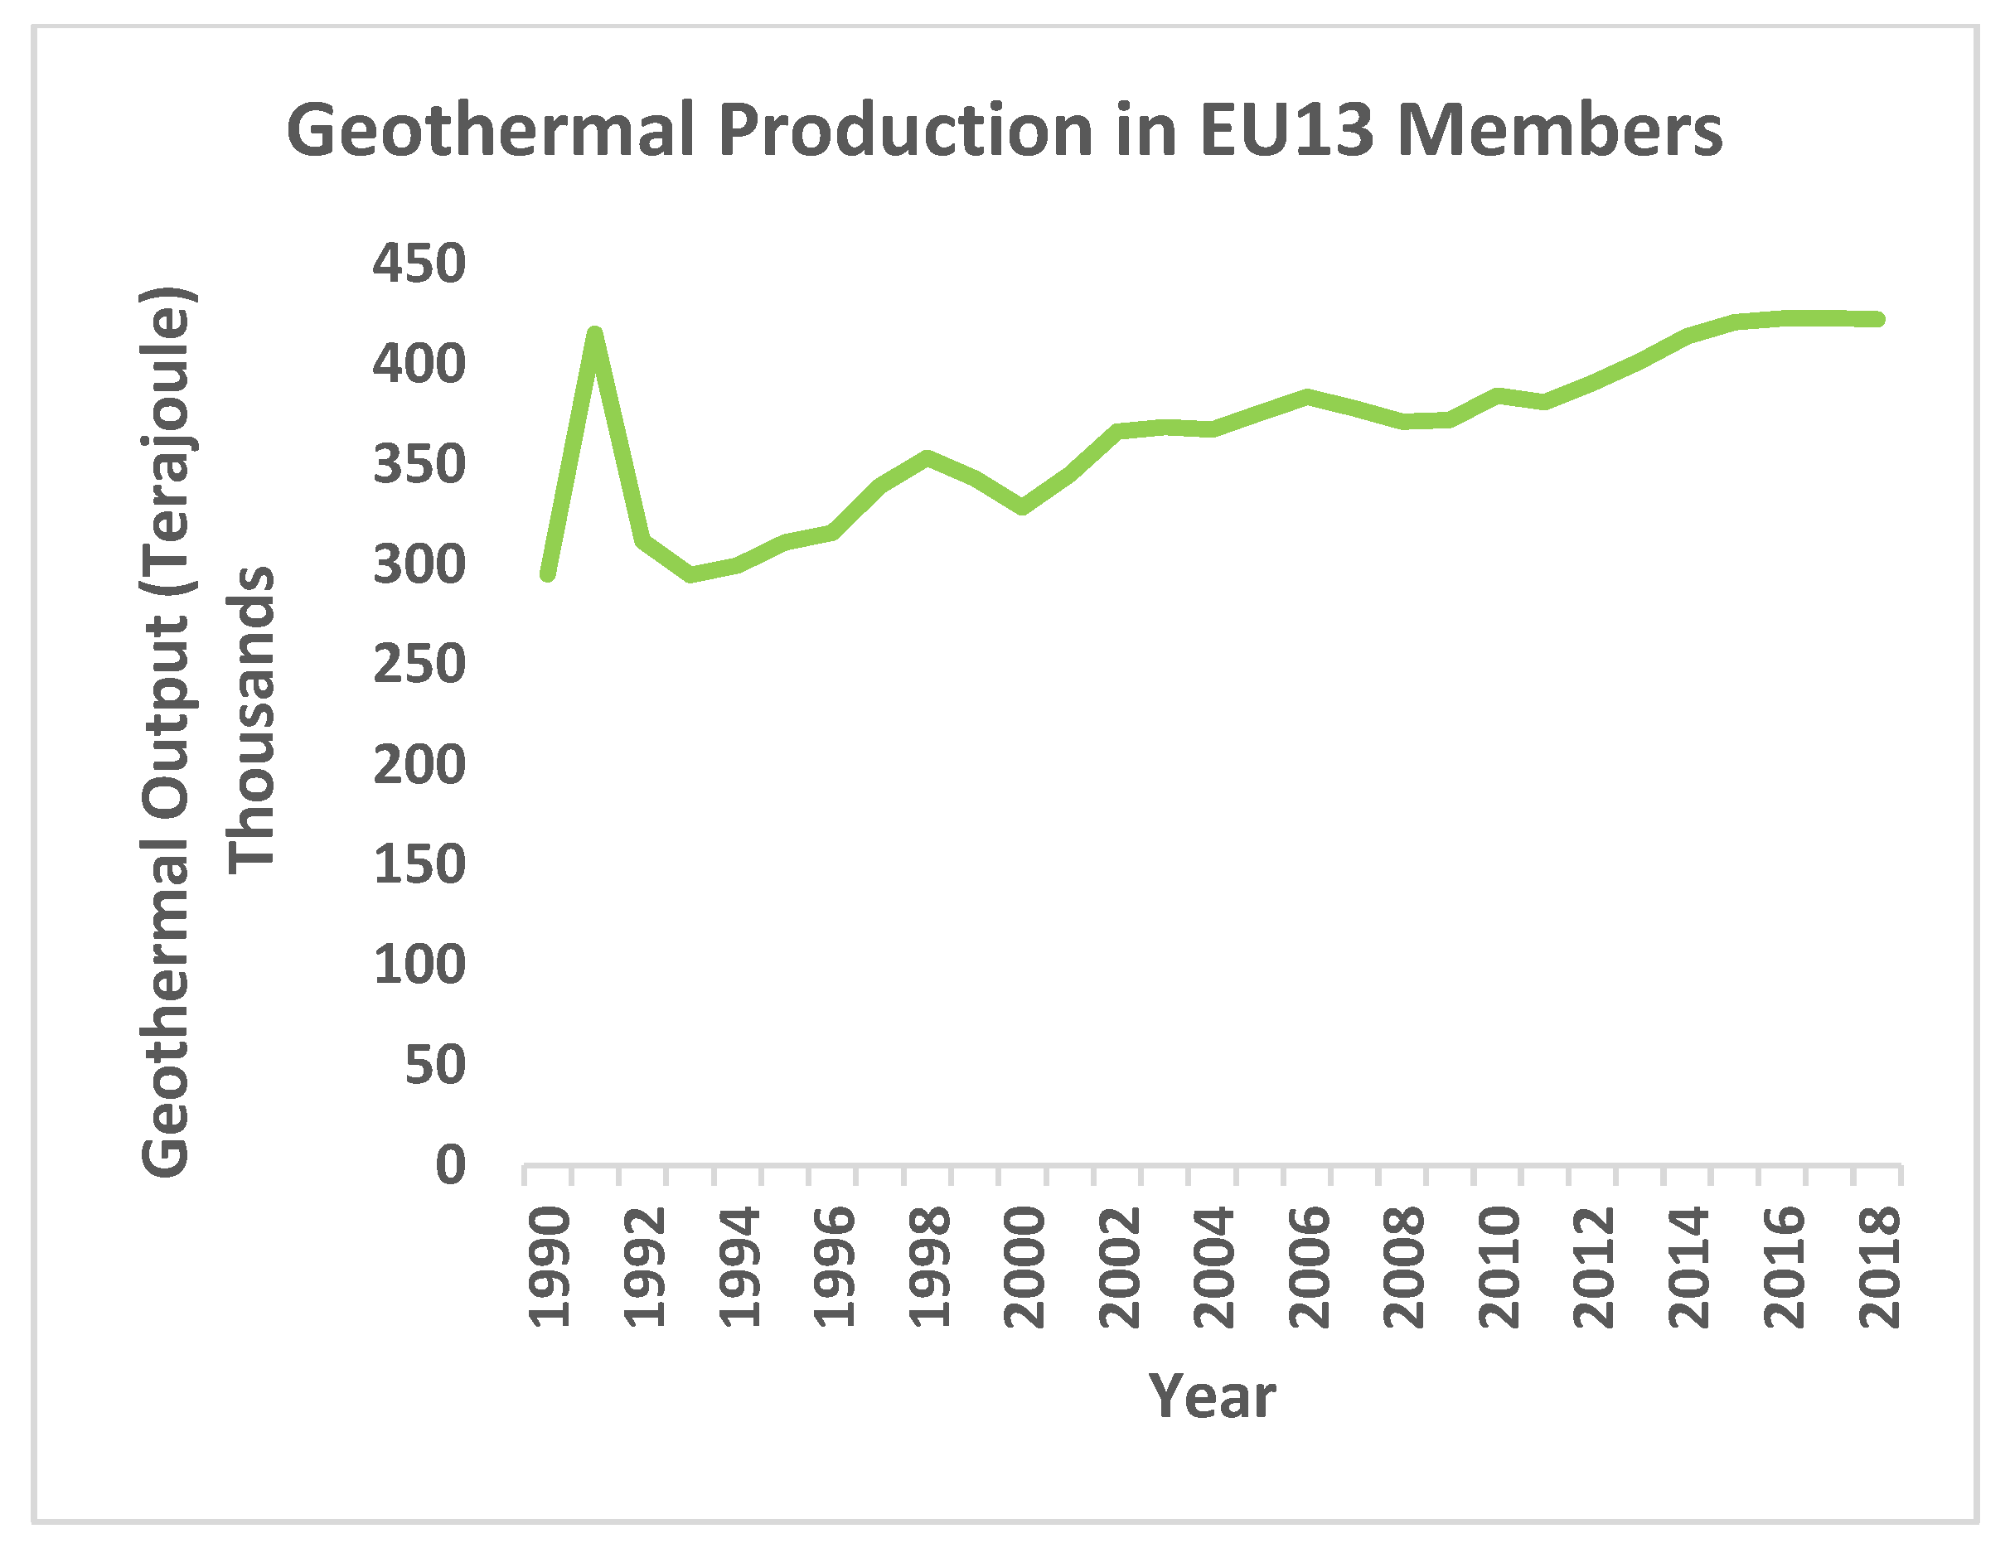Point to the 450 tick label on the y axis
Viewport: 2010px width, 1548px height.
pyautogui.click(x=419, y=264)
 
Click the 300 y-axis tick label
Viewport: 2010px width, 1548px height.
pyautogui.click(x=419, y=564)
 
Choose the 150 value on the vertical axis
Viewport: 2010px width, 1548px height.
pyautogui.click(x=419, y=864)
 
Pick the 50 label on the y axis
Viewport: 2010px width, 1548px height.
pyautogui.click(x=434, y=1065)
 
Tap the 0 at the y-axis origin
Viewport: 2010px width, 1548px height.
pyautogui.click(x=450, y=1165)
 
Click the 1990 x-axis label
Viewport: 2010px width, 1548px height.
pyautogui.click(x=550, y=1268)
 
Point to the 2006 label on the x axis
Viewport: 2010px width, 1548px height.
pyautogui.click(x=1309, y=1268)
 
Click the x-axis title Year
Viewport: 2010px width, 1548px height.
pyautogui.click(x=1211, y=1396)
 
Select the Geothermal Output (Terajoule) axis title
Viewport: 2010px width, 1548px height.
pyautogui.click(x=166, y=732)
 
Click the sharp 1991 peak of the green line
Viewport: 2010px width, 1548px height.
pyautogui.click(x=594, y=335)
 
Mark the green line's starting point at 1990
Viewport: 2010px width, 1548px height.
pyautogui.click(x=548, y=574)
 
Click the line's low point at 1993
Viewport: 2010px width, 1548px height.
pyautogui.click(x=691, y=575)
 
